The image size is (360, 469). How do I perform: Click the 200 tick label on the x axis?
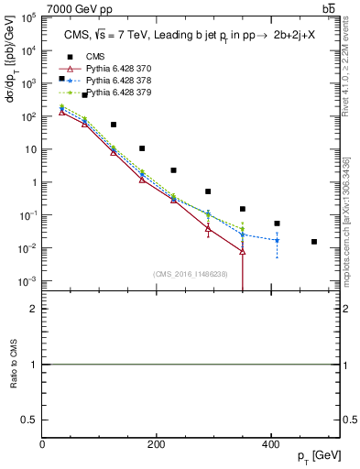157,444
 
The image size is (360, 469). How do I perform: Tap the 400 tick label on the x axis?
271,444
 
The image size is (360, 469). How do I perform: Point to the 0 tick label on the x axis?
42,444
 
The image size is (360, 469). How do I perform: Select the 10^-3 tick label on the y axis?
27,281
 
